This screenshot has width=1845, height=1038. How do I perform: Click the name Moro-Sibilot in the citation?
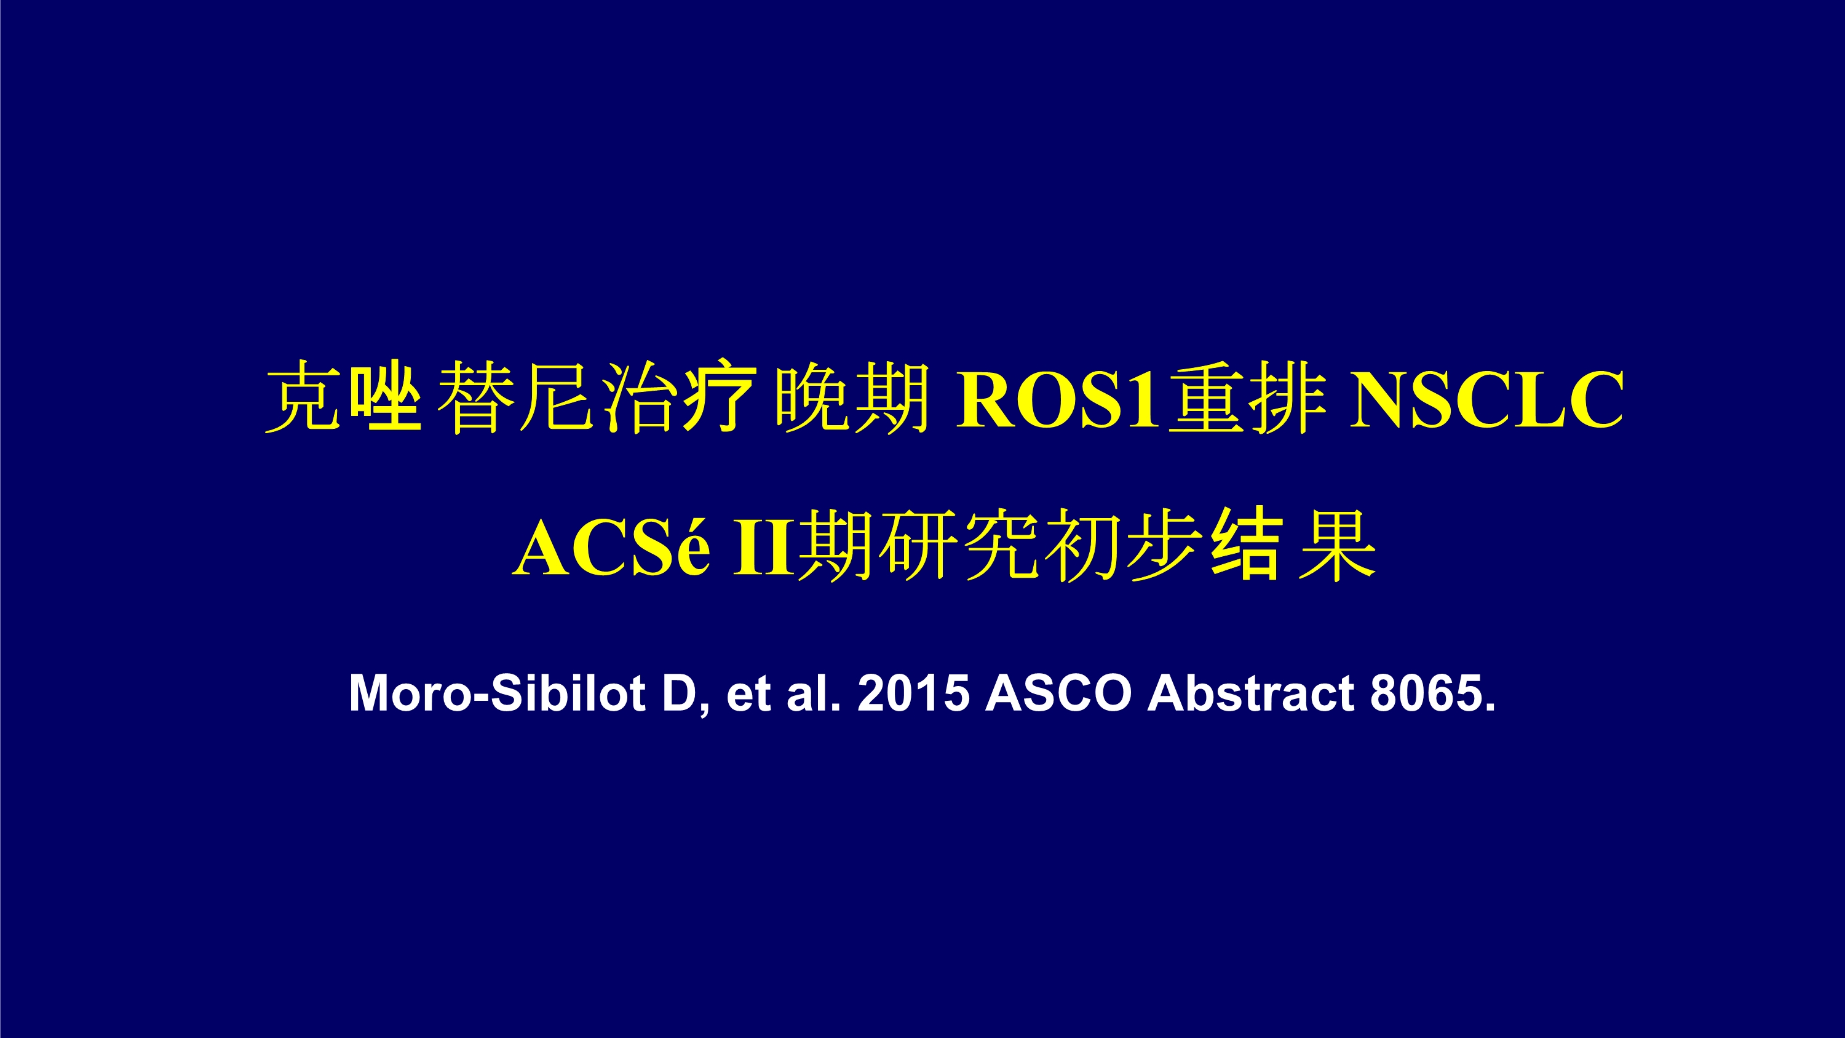tap(497, 693)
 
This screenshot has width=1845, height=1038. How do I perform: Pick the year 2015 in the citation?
tap(913, 693)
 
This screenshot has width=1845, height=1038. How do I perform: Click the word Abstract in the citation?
tap(1250, 693)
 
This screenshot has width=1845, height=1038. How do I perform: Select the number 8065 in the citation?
tap(1427, 693)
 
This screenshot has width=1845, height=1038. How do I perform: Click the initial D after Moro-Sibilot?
tap(680, 693)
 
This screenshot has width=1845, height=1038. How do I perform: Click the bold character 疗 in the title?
tap(720, 397)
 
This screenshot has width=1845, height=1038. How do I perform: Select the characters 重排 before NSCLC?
tap(1248, 398)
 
